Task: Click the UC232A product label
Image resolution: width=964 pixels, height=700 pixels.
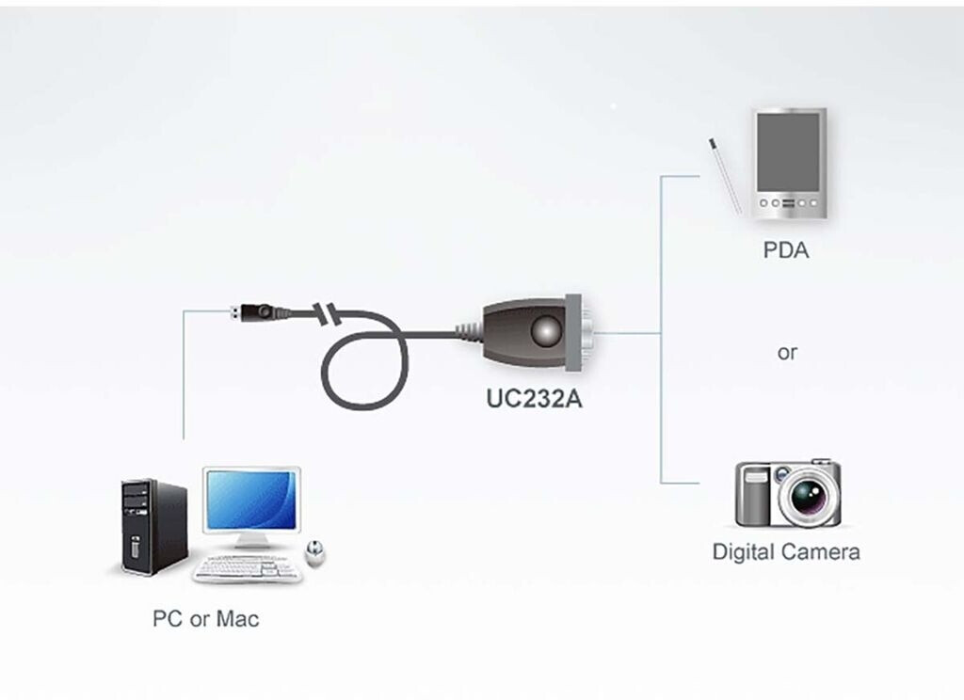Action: (535, 398)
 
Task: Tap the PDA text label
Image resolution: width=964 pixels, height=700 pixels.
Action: (786, 251)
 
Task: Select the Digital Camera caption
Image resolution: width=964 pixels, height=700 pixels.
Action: (786, 551)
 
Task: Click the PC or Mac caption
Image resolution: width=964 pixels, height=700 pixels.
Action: (205, 618)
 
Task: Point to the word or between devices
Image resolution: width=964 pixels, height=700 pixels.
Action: (787, 353)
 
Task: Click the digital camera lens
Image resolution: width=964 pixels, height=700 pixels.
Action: (809, 494)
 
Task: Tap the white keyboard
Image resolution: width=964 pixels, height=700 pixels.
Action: (248, 568)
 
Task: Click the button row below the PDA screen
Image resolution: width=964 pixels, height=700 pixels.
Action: (788, 202)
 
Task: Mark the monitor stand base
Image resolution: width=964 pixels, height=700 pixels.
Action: (252, 544)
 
